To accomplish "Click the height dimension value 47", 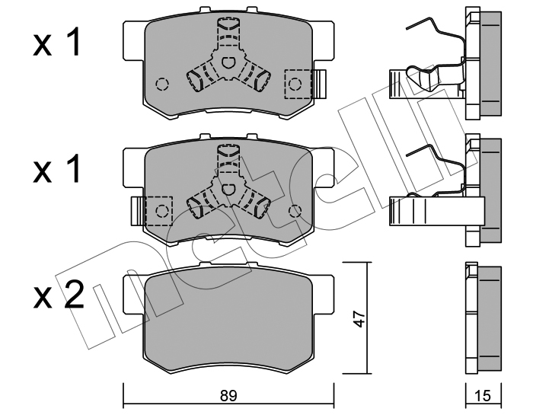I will click(x=359, y=318).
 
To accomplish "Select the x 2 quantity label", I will click(x=58, y=295).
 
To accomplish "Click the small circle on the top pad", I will click(x=161, y=83).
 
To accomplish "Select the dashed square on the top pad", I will click(x=297, y=83).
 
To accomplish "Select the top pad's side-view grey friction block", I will click(x=492, y=65).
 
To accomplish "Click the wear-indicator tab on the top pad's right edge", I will click(x=321, y=82).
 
